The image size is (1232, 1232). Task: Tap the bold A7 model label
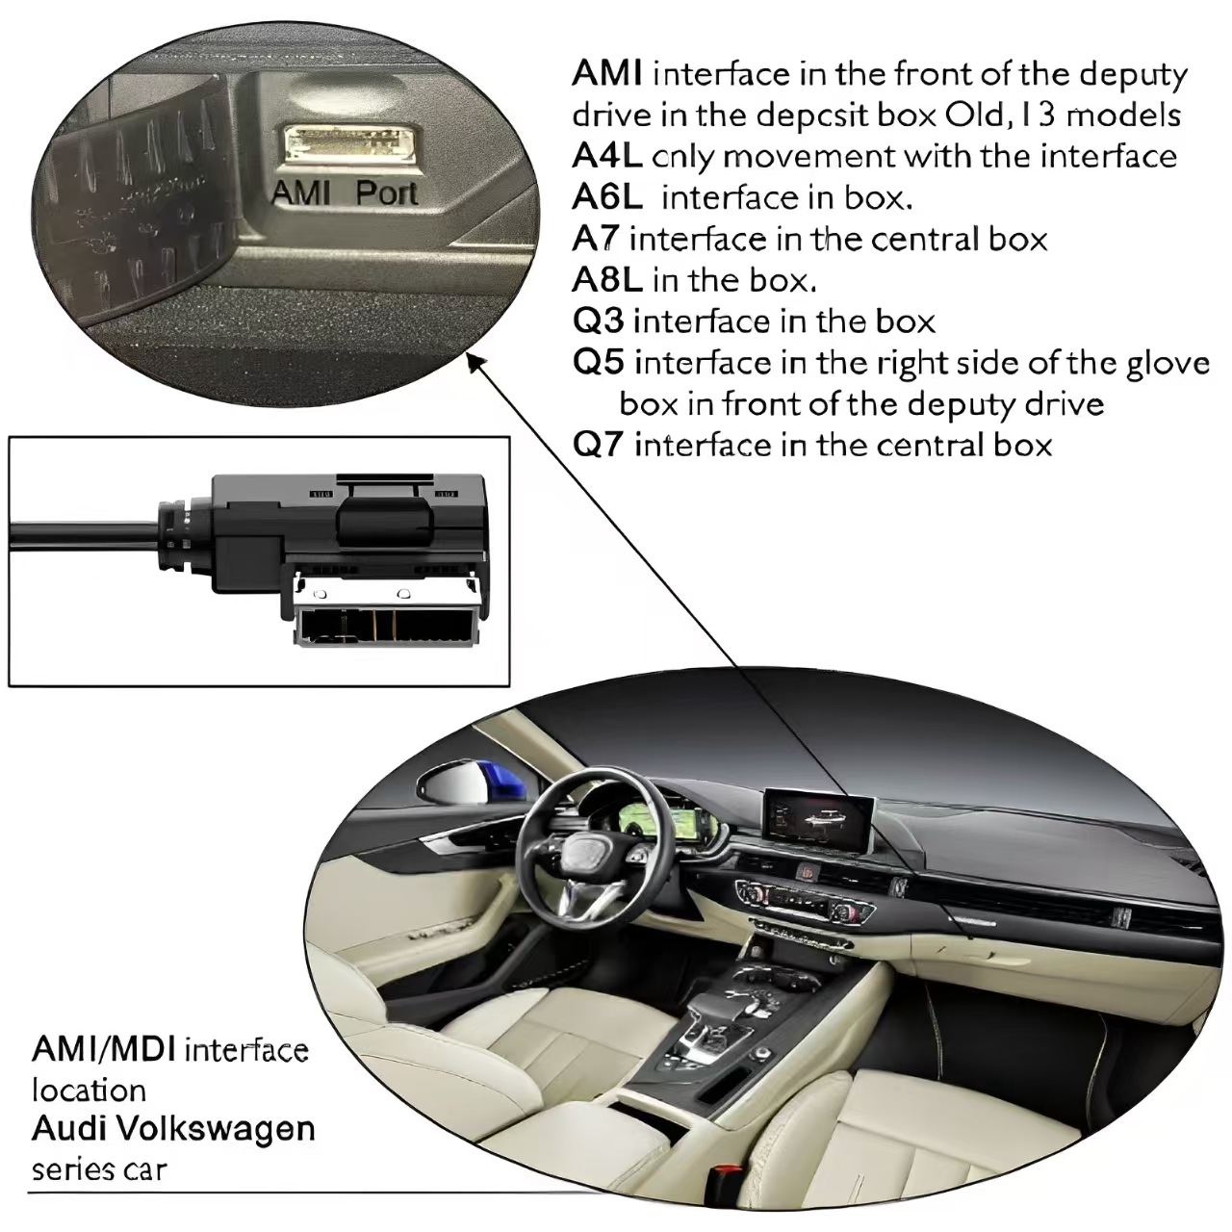(596, 239)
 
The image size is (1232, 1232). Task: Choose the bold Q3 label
(598, 321)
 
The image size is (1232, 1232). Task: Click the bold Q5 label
(599, 363)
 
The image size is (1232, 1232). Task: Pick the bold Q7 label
(599, 445)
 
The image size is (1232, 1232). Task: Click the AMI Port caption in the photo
(345, 193)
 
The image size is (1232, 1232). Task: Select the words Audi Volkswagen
(173, 1128)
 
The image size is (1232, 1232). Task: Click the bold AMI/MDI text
(103, 1048)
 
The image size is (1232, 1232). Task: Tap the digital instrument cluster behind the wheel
(668, 823)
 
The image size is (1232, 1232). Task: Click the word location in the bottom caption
(89, 1090)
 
